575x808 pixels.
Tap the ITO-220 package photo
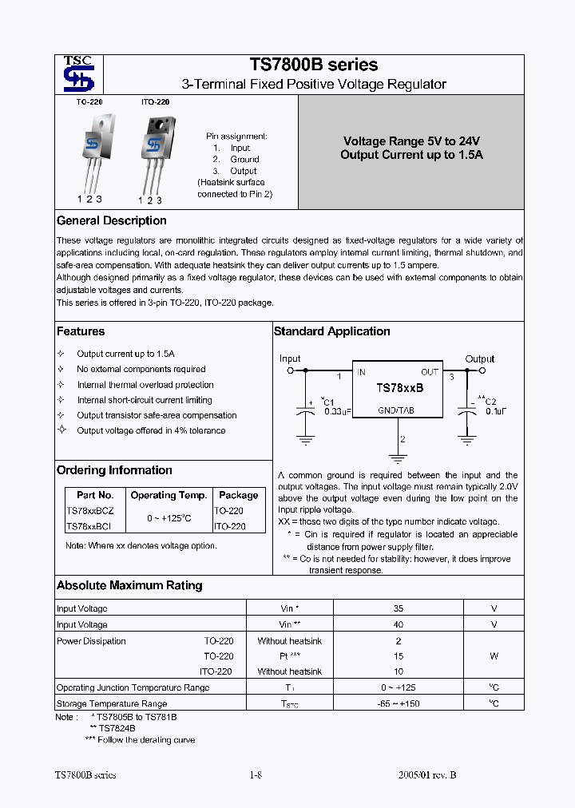coord(154,152)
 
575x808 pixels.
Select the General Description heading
coord(112,221)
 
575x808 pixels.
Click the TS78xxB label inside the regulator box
coord(399,387)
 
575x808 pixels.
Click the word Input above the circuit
coord(290,359)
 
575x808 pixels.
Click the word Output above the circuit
coord(480,359)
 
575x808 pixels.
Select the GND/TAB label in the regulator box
coord(397,410)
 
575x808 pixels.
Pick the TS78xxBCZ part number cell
coord(90,511)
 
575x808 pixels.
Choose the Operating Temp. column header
coord(169,495)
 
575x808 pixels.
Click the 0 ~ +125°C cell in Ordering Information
coord(169,519)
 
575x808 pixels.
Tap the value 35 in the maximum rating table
coord(399,608)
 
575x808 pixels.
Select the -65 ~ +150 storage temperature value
coord(399,703)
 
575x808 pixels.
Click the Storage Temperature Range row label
coord(112,703)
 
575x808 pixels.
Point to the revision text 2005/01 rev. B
coord(427,774)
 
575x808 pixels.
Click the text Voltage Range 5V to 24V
coord(411,141)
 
